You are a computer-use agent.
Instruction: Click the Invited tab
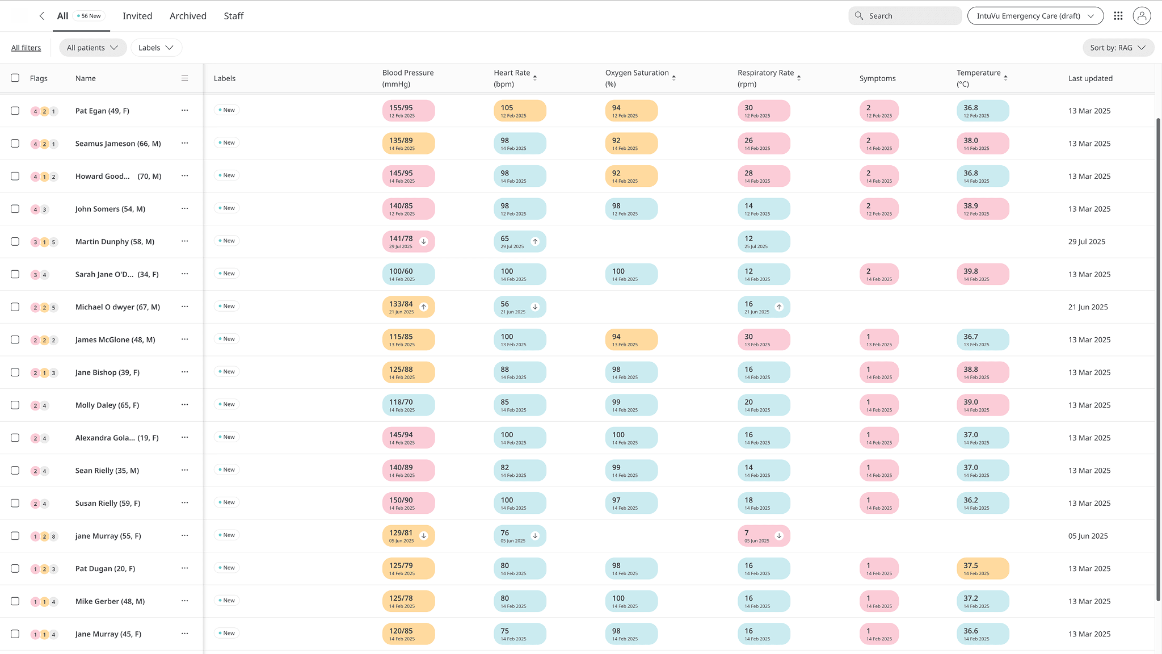pyautogui.click(x=137, y=16)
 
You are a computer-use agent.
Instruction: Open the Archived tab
pyautogui.click(x=188, y=16)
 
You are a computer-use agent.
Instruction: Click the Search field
pyautogui.click(x=905, y=16)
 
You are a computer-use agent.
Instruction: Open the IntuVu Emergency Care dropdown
pyautogui.click(x=1035, y=16)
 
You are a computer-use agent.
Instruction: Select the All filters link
pyautogui.click(x=26, y=48)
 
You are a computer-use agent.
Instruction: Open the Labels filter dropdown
pyautogui.click(x=156, y=48)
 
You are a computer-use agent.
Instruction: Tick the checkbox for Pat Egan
pyautogui.click(x=15, y=111)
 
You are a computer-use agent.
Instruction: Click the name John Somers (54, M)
pyautogui.click(x=110, y=209)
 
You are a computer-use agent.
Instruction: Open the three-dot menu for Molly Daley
pyautogui.click(x=184, y=405)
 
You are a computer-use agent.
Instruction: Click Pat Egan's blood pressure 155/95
pyautogui.click(x=408, y=111)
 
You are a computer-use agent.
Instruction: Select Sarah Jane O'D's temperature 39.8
pyautogui.click(x=982, y=274)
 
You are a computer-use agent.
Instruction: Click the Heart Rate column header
pyautogui.click(x=512, y=78)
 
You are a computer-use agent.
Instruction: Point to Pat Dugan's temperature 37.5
pyautogui.click(x=982, y=569)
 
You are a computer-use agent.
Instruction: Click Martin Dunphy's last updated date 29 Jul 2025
pyautogui.click(x=1086, y=242)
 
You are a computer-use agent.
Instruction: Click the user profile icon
pyautogui.click(x=1142, y=16)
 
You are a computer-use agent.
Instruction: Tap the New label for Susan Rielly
pyautogui.click(x=226, y=502)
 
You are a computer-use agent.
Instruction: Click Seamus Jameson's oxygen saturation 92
pyautogui.click(x=631, y=144)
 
